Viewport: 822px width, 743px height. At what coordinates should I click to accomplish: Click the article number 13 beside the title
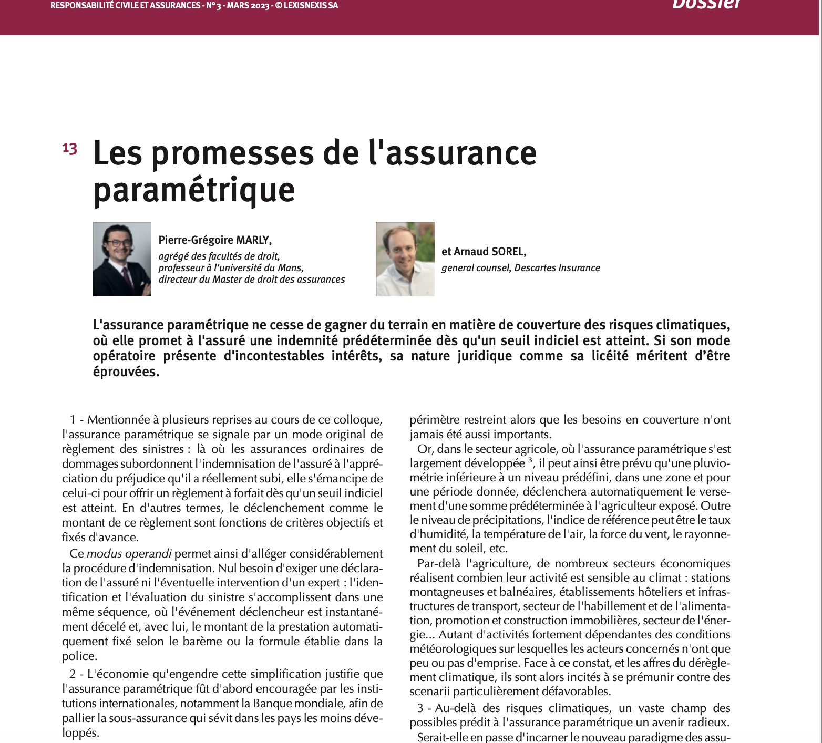[x=70, y=149]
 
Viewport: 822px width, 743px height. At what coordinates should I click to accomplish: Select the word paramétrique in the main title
[x=194, y=189]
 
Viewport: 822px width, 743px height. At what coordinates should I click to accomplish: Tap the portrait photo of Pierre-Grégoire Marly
[x=122, y=259]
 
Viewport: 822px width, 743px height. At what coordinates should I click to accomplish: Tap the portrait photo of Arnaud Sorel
[x=405, y=259]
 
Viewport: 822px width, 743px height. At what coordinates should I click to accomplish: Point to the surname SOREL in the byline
[x=508, y=252]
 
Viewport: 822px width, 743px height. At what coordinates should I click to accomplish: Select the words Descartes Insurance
[x=557, y=267]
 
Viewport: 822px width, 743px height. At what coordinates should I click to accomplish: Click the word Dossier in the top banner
[x=706, y=4]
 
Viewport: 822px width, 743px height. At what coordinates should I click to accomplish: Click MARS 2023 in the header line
[x=247, y=6]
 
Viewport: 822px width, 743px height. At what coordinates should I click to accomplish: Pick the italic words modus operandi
[x=129, y=553]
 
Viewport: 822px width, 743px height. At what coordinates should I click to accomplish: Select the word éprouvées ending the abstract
[x=126, y=371]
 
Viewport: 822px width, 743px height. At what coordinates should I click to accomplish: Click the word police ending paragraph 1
[x=79, y=656]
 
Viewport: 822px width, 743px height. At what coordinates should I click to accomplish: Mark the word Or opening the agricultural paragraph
[x=424, y=449]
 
